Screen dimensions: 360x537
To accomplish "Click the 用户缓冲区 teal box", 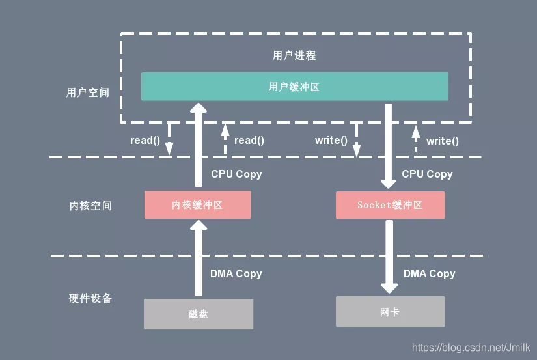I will pos(294,87).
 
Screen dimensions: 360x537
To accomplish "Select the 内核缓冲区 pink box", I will pos(197,204).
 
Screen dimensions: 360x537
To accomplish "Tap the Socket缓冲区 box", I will pos(390,204).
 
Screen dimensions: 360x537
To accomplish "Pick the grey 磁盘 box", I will pos(198,314).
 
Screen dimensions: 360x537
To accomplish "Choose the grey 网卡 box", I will pos(390,312).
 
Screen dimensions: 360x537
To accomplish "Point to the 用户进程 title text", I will pos(294,55).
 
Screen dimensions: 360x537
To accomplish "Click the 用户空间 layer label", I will pos(88,92).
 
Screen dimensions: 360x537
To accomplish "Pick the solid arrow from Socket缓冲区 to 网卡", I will pos(389,256).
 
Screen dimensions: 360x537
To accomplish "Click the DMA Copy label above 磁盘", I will pos(236,274).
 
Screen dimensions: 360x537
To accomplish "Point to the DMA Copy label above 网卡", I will pos(429,274).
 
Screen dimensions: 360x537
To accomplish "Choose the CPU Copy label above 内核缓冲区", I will pos(236,174).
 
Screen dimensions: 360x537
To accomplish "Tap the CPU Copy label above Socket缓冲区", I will pos(427,174).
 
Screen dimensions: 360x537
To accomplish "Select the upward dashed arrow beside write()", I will pos(415,139).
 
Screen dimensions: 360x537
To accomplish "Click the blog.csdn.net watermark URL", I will pos(471,348).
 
